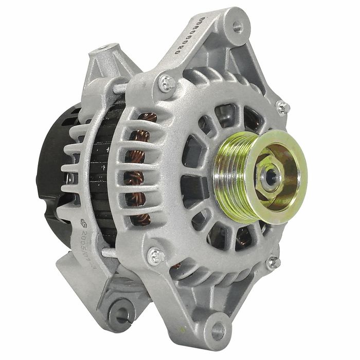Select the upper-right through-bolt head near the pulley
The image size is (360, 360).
282,107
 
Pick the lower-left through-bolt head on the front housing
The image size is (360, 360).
155,255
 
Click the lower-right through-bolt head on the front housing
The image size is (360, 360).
272,262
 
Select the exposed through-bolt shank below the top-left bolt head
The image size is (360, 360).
119,88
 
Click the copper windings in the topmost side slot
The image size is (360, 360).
147,118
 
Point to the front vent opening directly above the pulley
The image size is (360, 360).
227,114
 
